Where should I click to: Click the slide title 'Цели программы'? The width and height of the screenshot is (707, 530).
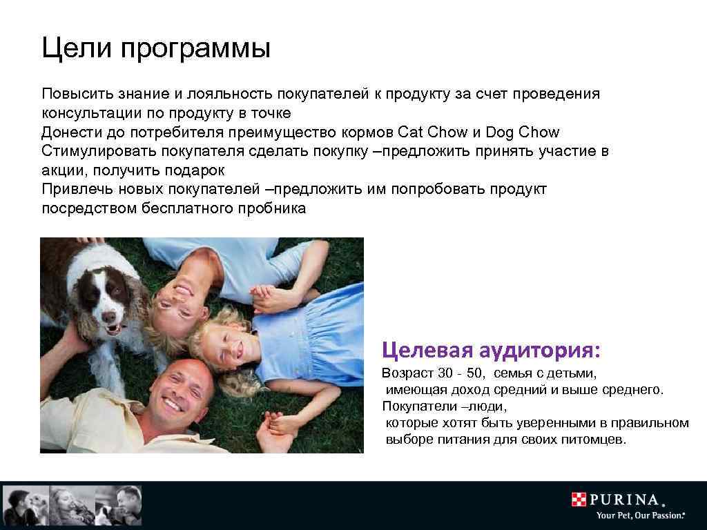click(x=155, y=49)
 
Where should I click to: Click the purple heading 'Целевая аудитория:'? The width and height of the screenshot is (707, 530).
click(x=492, y=350)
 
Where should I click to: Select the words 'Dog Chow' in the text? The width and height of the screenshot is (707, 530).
click(x=523, y=132)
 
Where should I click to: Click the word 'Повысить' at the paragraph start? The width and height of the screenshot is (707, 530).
click(x=72, y=94)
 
